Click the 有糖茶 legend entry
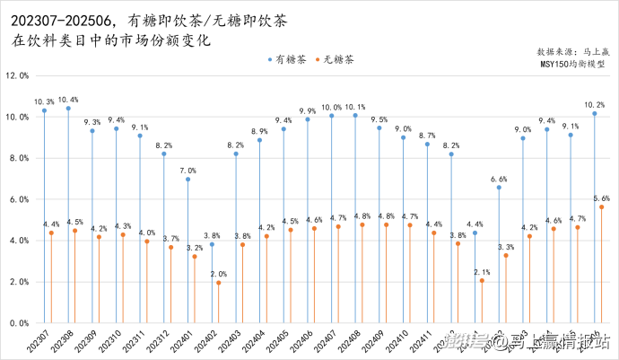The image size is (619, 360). [x=291, y=59]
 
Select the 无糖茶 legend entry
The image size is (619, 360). [x=336, y=59]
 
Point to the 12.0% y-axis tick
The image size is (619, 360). [x=18, y=76]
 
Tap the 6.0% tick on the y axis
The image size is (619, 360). [x=20, y=199]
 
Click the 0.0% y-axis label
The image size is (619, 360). [x=20, y=323]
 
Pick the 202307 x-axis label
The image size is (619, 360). [x=39, y=342]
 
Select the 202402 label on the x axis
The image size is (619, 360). [x=207, y=342]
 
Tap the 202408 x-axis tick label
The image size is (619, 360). [x=351, y=342]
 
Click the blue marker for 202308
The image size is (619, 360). [x=68, y=109]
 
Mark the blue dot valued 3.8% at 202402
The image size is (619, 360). [x=212, y=244]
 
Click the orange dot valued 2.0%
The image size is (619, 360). [x=219, y=283]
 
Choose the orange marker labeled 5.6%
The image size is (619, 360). [x=601, y=207]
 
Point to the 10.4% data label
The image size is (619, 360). [x=68, y=100]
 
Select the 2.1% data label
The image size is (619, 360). [x=482, y=271]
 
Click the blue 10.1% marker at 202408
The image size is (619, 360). [x=355, y=115]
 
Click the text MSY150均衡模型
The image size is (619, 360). [x=572, y=64]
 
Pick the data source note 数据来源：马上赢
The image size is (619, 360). [x=571, y=52]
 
